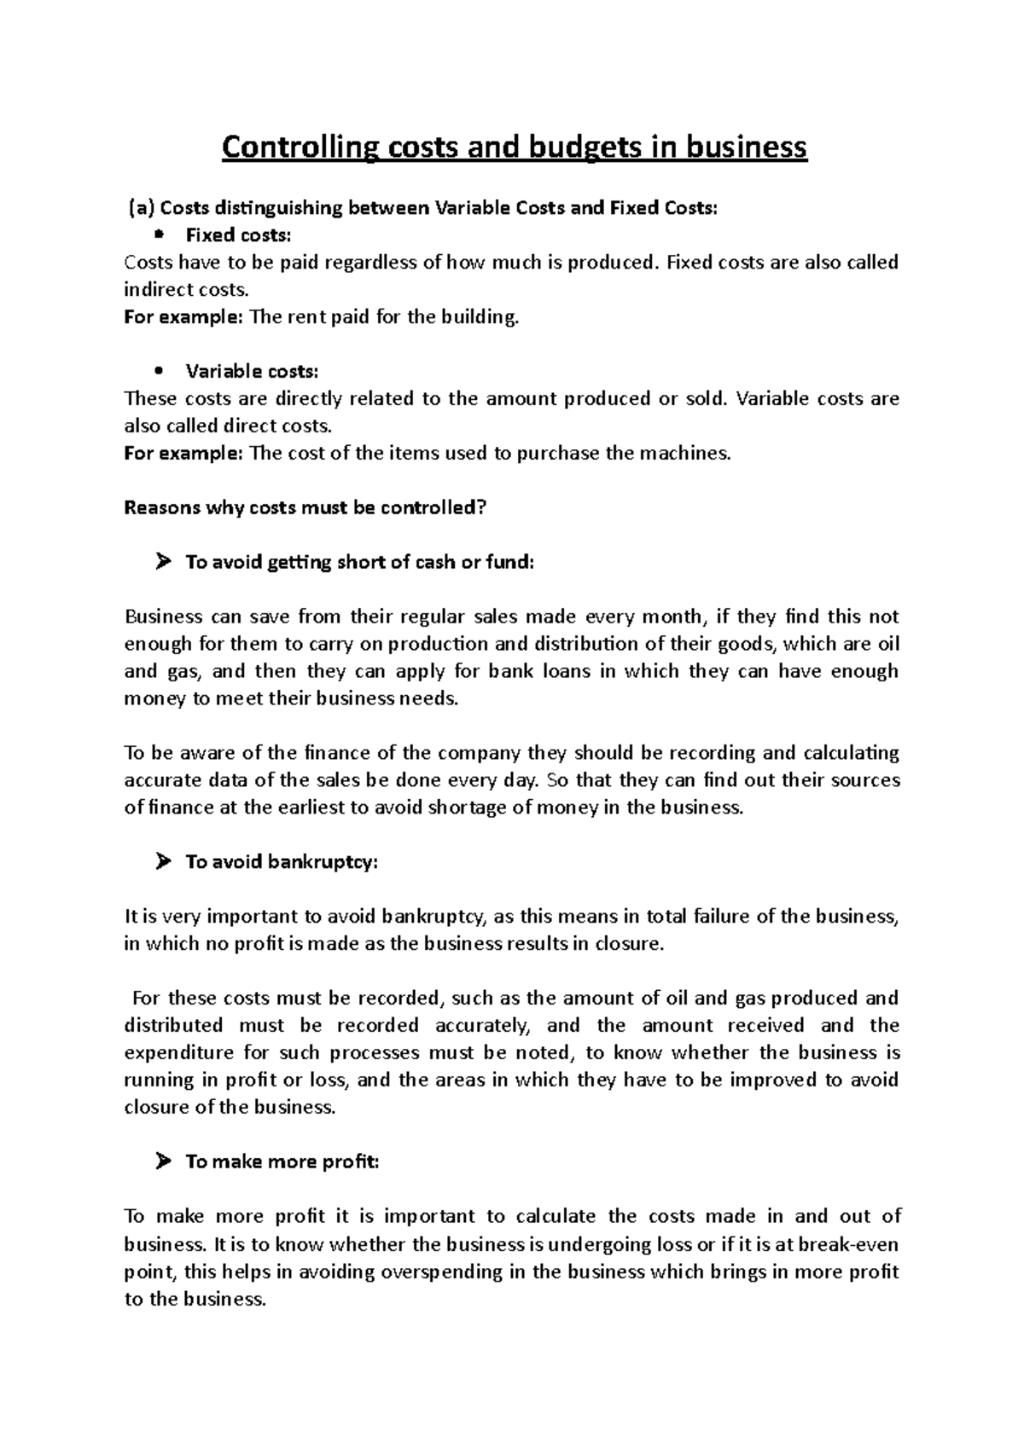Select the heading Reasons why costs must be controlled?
point(305,507)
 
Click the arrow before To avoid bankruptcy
point(164,862)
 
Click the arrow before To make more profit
point(164,1162)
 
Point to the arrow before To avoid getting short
point(164,562)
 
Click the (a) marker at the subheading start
point(143,207)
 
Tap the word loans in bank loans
point(567,671)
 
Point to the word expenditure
point(174,1052)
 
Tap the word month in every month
point(675,617)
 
